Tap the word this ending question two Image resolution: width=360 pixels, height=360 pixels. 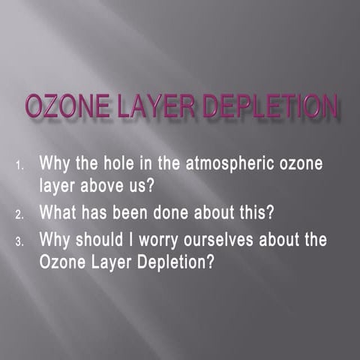[x=251, y=212]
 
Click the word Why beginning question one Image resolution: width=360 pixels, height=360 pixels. [x=53, y=162]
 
